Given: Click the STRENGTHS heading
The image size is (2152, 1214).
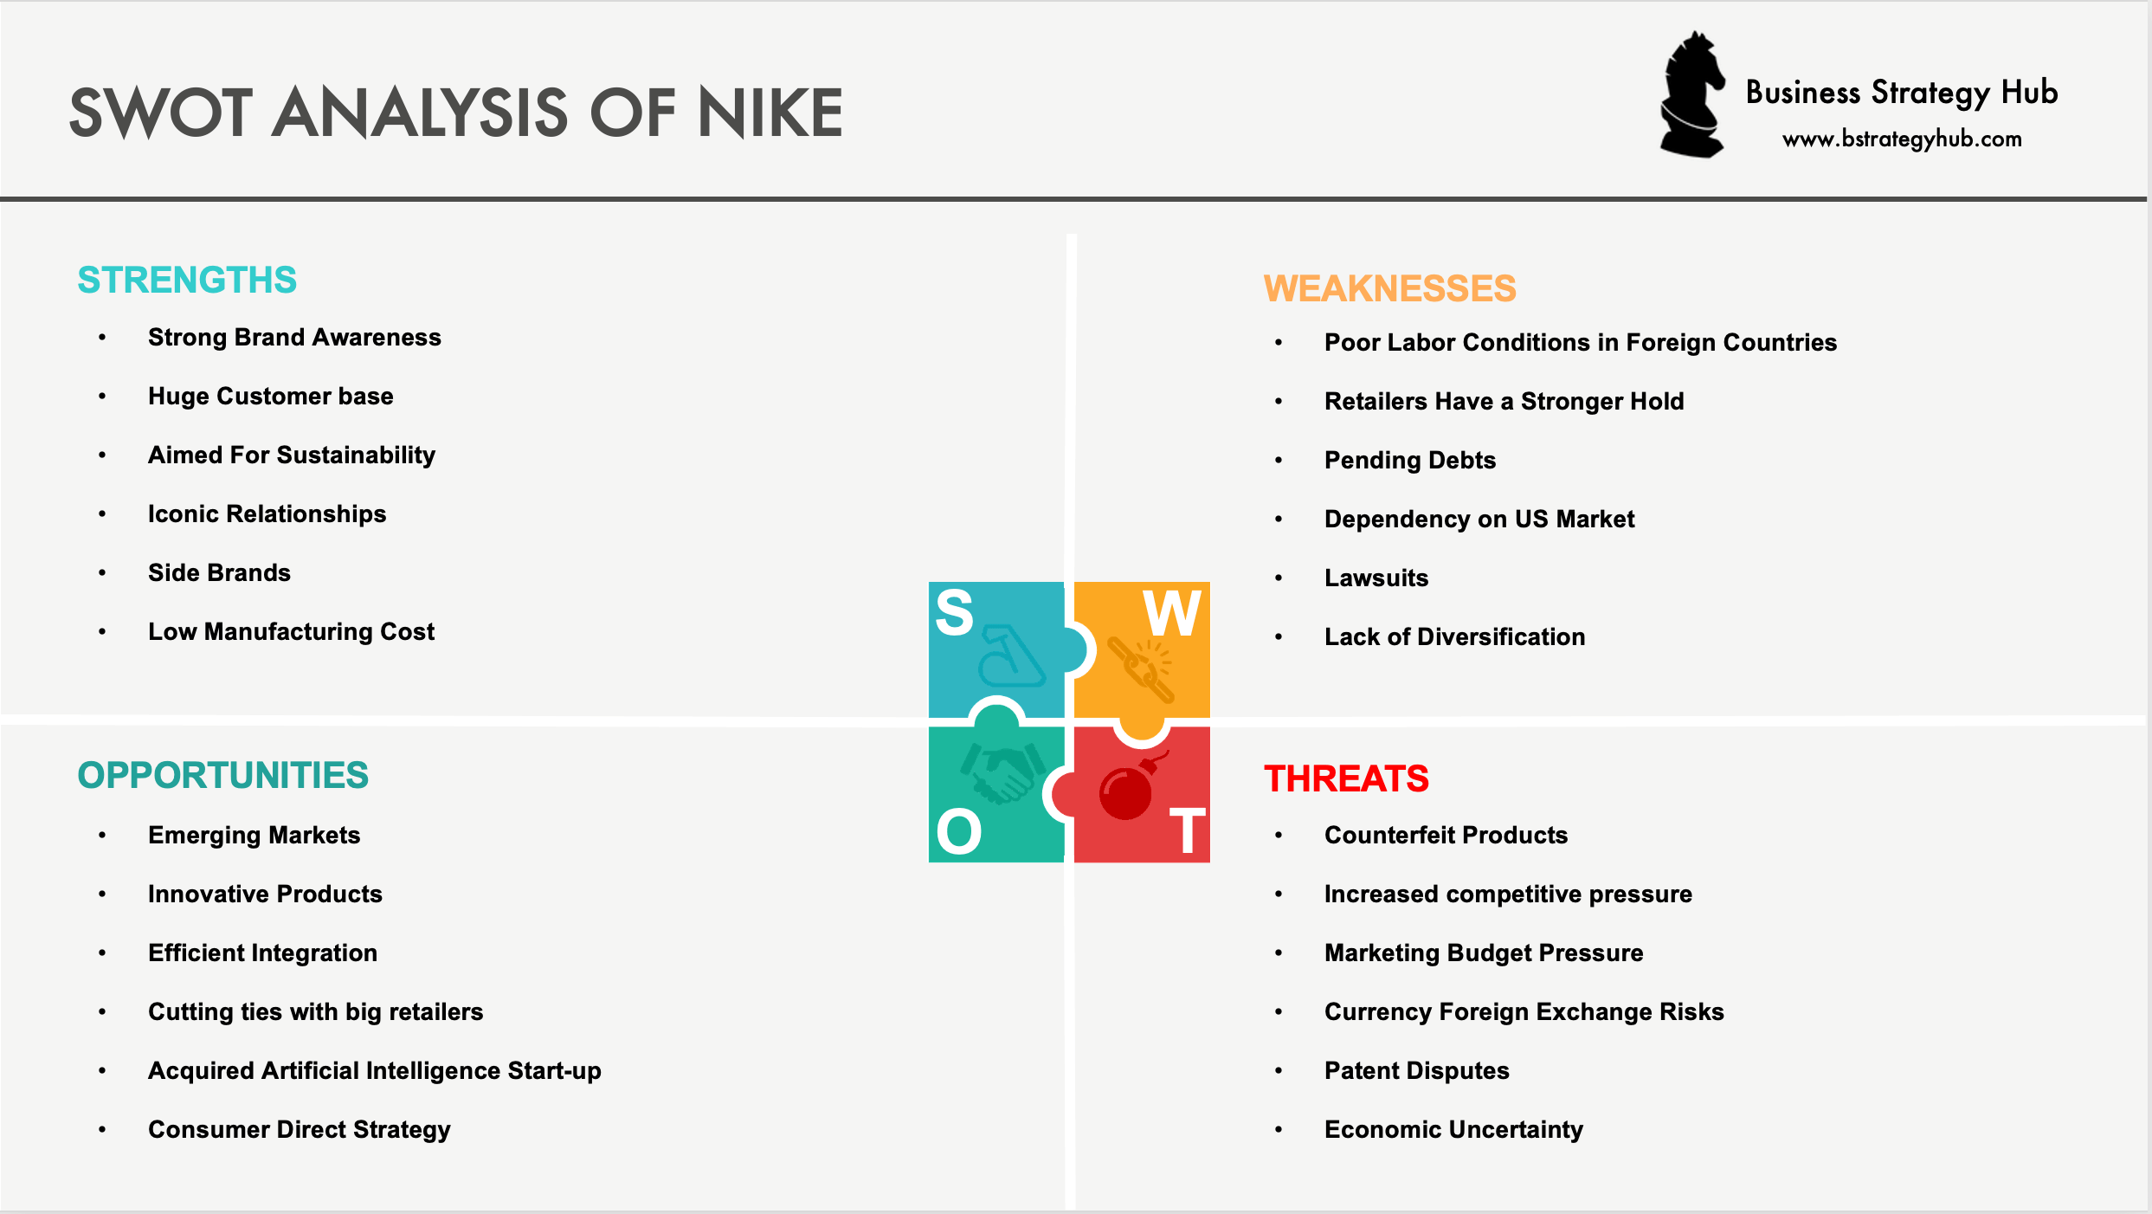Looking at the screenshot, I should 187,280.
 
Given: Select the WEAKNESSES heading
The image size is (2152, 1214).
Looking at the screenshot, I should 1389,288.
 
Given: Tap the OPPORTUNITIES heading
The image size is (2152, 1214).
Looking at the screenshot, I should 222,775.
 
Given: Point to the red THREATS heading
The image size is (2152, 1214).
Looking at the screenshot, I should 1346,778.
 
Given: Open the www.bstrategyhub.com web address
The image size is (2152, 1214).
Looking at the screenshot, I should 1902,139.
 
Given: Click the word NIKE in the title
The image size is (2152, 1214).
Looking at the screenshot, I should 770,113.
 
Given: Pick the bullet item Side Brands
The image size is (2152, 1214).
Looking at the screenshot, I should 219,572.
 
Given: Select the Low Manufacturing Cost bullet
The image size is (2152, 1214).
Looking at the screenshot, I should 291,631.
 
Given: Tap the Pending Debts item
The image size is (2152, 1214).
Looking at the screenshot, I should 1409,460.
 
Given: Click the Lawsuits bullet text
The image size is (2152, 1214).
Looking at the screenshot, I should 1376,578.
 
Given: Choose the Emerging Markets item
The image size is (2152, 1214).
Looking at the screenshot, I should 254,835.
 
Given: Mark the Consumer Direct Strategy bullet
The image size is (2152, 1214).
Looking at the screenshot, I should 299,1129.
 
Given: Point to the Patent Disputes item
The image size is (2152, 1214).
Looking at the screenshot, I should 1416,1070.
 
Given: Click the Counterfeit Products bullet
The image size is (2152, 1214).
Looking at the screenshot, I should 1446,835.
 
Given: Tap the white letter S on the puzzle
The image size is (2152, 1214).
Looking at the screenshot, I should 955,612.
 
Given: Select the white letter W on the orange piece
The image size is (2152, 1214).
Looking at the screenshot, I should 1171,613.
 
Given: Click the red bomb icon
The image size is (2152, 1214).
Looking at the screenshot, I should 1127,790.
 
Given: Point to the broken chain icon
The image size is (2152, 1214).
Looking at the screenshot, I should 1141,668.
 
